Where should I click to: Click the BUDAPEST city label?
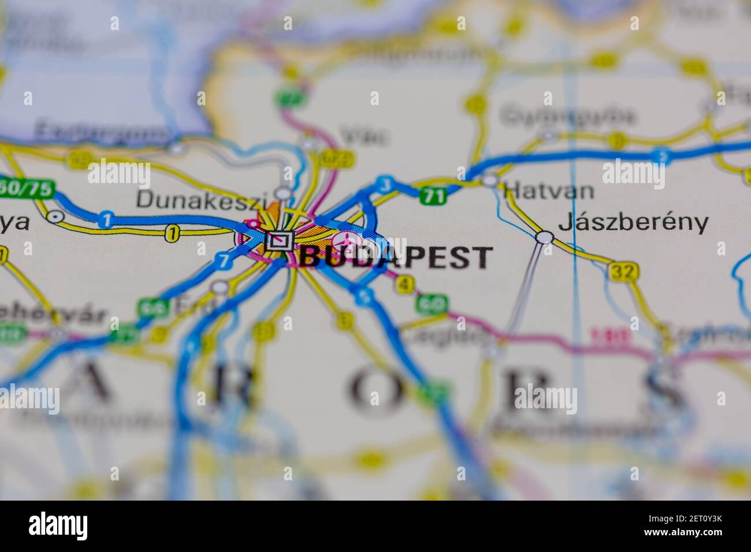click(396, 257)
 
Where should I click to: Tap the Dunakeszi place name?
click(202, 200)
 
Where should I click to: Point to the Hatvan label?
click(548, 190)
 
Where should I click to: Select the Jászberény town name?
click(633, 223)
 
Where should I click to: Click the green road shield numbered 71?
click(433, 196)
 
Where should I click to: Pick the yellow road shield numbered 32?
click(623, 270)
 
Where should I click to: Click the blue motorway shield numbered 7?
click(224, 261)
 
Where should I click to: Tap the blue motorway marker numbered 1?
click(105, 219)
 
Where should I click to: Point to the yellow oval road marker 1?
click(172, 233)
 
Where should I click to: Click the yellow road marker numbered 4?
click(406, 284)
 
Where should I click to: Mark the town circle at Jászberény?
click(544, 237)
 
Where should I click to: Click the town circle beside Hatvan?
click(490, 180)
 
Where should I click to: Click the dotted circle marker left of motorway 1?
click(55, 217)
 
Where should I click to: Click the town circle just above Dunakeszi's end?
click(283, 192)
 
